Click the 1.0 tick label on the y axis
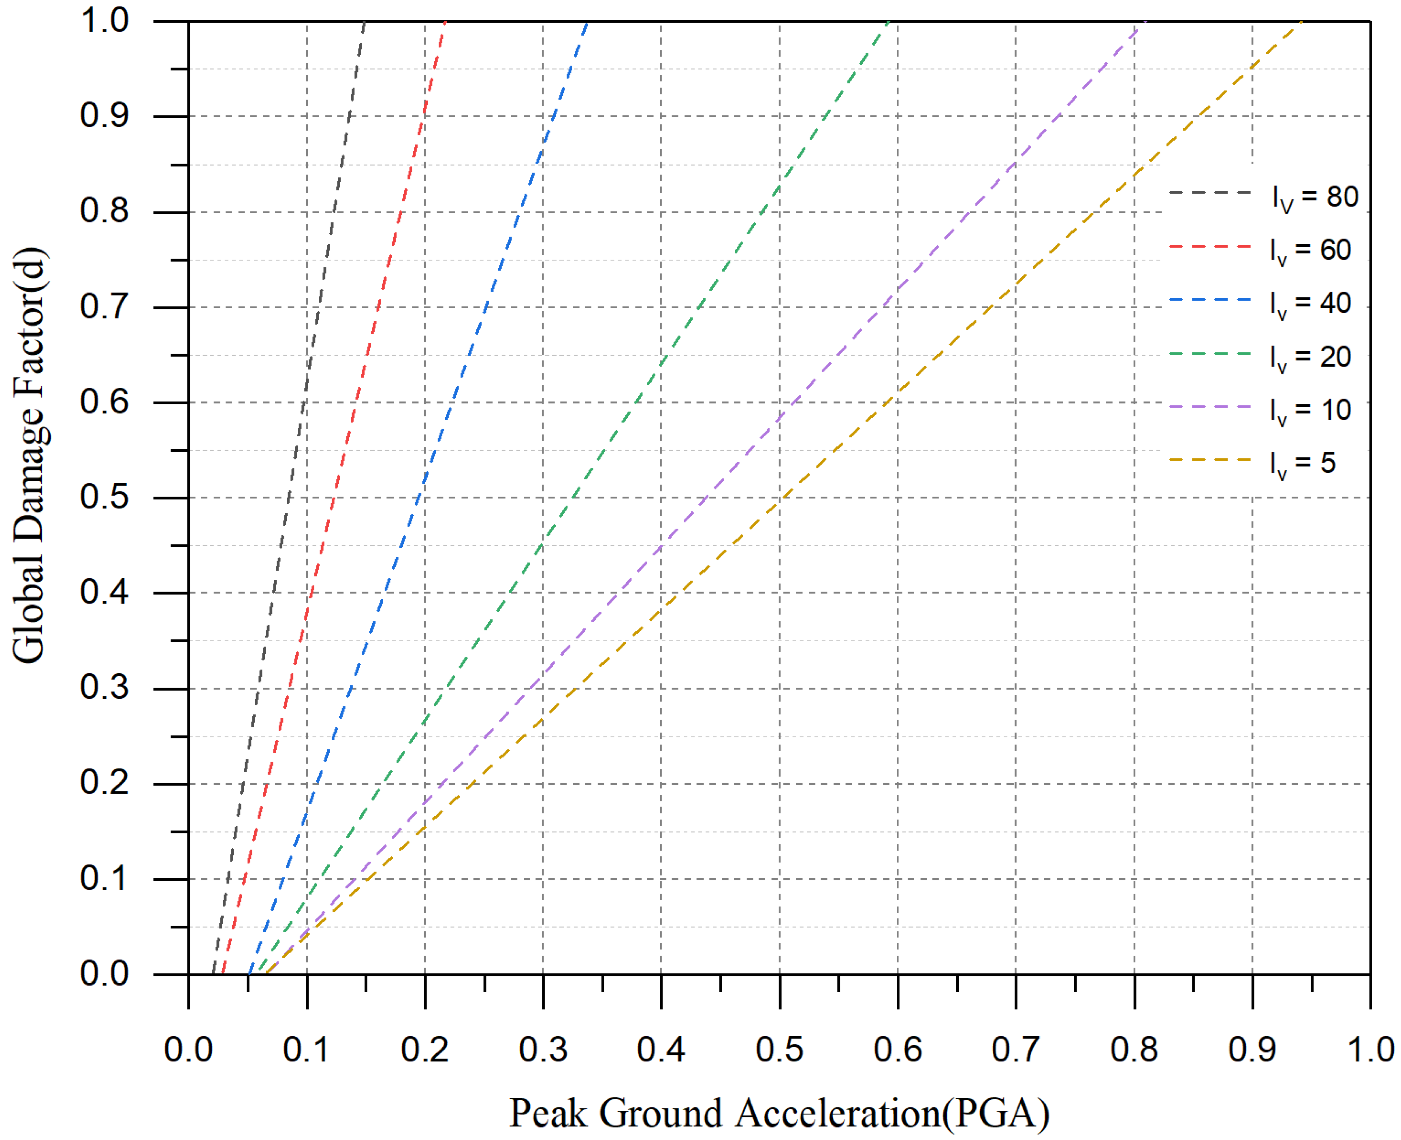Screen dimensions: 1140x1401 click(x=104, y=21)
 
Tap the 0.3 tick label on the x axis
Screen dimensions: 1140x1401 click(x=543, y=1049)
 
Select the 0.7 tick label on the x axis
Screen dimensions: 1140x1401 click(x=1016, y=1049)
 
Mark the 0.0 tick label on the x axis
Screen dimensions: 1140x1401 click(x=188, y=1049)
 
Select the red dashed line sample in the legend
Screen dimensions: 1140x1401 click(x=1210, y=247)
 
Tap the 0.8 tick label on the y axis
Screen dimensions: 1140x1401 click(x=104, y=211)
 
